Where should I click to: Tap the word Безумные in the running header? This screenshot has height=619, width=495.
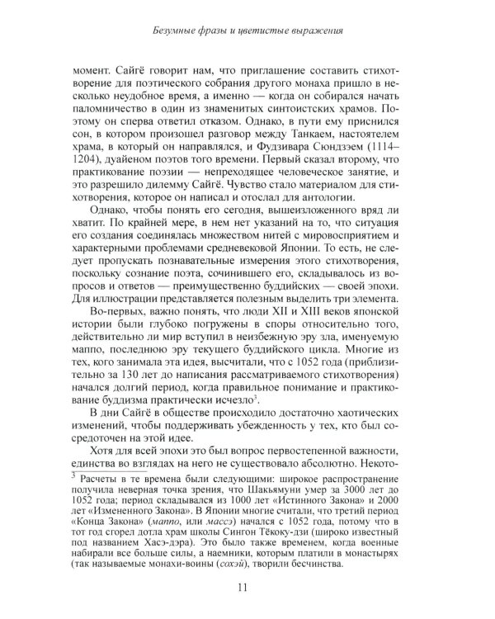tap(181, 32)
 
